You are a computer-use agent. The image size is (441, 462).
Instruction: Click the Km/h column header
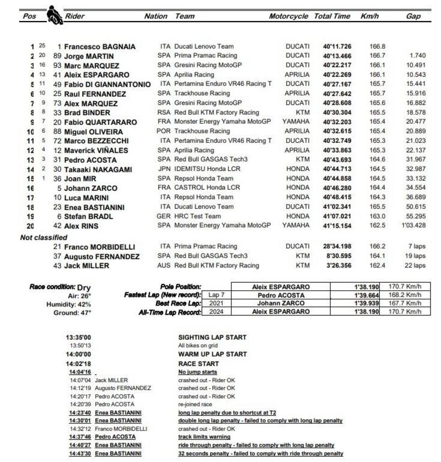pyautogui.click(x=370, y=17)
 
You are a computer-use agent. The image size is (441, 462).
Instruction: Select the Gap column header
pyautogui.click(x=413, y=17)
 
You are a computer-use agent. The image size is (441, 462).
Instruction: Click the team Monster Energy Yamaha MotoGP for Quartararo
pyautogui.click(x=222, y=122)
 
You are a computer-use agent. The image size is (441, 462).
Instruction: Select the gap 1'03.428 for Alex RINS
pyautogui.click(x=412, y=225)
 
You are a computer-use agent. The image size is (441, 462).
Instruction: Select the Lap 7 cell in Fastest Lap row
pyautogui.click(x=216, y=296)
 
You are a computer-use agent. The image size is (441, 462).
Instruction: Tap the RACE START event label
pyautogui.click(x=198, y=364)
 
